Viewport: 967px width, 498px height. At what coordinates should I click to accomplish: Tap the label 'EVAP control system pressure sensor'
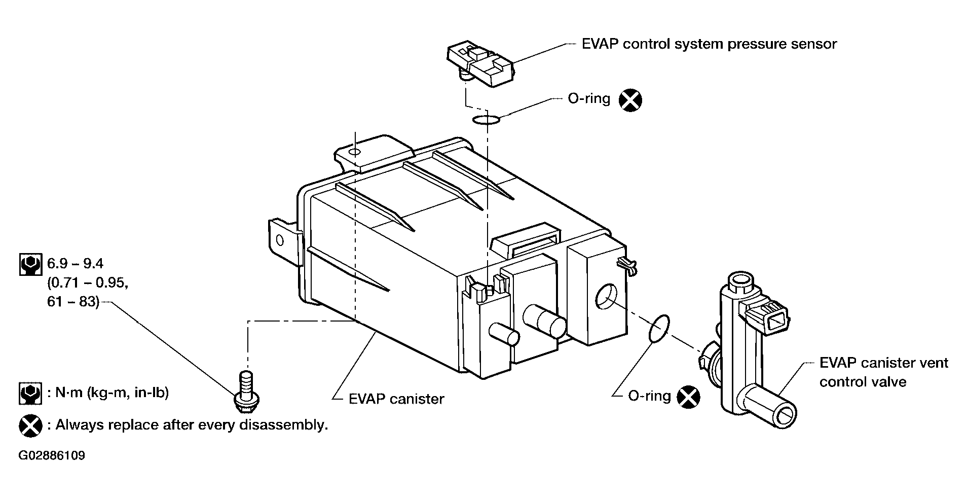pos(709,44)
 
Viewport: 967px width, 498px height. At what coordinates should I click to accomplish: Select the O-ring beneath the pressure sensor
pos(486,120)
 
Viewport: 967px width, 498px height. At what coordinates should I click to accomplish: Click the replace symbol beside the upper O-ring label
pos(630,100)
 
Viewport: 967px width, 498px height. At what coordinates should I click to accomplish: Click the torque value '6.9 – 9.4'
pos(76,264)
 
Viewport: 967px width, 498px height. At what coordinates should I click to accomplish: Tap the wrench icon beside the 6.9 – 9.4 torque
pos(30,264)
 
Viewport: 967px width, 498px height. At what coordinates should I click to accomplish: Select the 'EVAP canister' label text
pos(396,399)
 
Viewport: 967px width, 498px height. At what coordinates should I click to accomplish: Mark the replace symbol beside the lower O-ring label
pos(689,397)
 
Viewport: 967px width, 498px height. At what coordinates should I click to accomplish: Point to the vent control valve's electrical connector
pos(767,316)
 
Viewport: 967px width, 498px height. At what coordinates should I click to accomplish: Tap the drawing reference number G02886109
pos(52,455)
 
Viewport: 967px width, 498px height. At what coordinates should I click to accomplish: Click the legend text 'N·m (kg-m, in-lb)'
pos(107,393)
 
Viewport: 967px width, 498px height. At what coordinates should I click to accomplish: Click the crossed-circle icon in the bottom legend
pos(30,425)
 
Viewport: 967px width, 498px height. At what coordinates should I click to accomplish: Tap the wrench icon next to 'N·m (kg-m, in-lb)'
pos(30,393)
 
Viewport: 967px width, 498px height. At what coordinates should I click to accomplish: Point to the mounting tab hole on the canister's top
pos(355,151)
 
